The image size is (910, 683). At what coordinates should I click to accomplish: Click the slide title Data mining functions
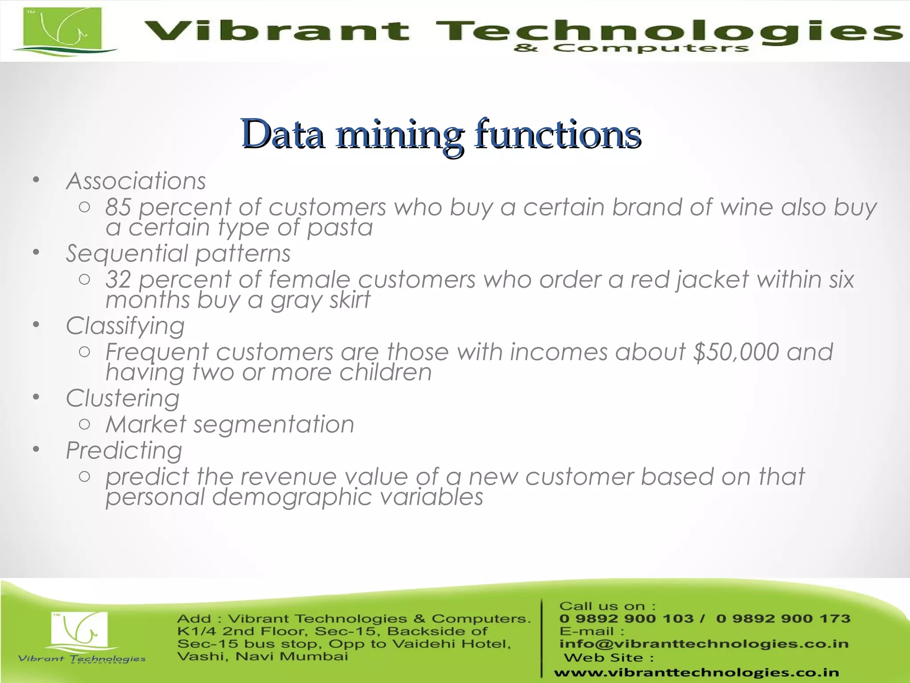441,133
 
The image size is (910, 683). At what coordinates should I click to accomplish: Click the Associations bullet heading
136,181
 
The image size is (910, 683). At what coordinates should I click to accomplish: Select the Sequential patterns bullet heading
178,253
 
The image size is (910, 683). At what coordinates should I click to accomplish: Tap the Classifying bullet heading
125,326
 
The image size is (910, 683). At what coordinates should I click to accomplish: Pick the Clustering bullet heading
123,398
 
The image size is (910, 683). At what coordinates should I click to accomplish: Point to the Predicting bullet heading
124,450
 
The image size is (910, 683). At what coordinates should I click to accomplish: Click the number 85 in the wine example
118,207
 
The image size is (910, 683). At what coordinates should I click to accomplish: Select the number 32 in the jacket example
118,280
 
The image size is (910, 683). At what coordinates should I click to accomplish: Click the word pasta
340,228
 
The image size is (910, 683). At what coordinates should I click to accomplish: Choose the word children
385,372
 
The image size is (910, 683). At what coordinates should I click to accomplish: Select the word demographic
291,497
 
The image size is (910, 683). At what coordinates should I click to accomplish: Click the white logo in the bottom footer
80,631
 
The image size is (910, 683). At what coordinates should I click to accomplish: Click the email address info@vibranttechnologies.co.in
704,644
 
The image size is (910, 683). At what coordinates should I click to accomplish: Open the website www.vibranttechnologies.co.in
696,673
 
